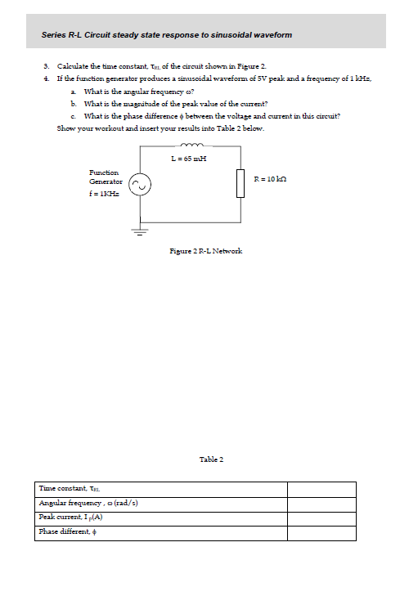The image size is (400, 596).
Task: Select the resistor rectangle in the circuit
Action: [x=241, y=183]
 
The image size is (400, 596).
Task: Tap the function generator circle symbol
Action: [x=141, y=186]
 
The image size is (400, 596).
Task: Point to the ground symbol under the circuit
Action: [x=141, y=231]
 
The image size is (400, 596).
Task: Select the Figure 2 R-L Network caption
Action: [x=205, y=250]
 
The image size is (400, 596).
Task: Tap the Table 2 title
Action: [x=211, y=459]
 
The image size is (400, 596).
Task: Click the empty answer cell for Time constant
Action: [x=321, y=489]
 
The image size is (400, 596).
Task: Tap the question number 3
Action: [x=47, y=65]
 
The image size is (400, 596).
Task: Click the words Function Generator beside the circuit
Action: [x=105, y=177]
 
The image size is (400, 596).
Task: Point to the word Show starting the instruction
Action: [x=65, y=128]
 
